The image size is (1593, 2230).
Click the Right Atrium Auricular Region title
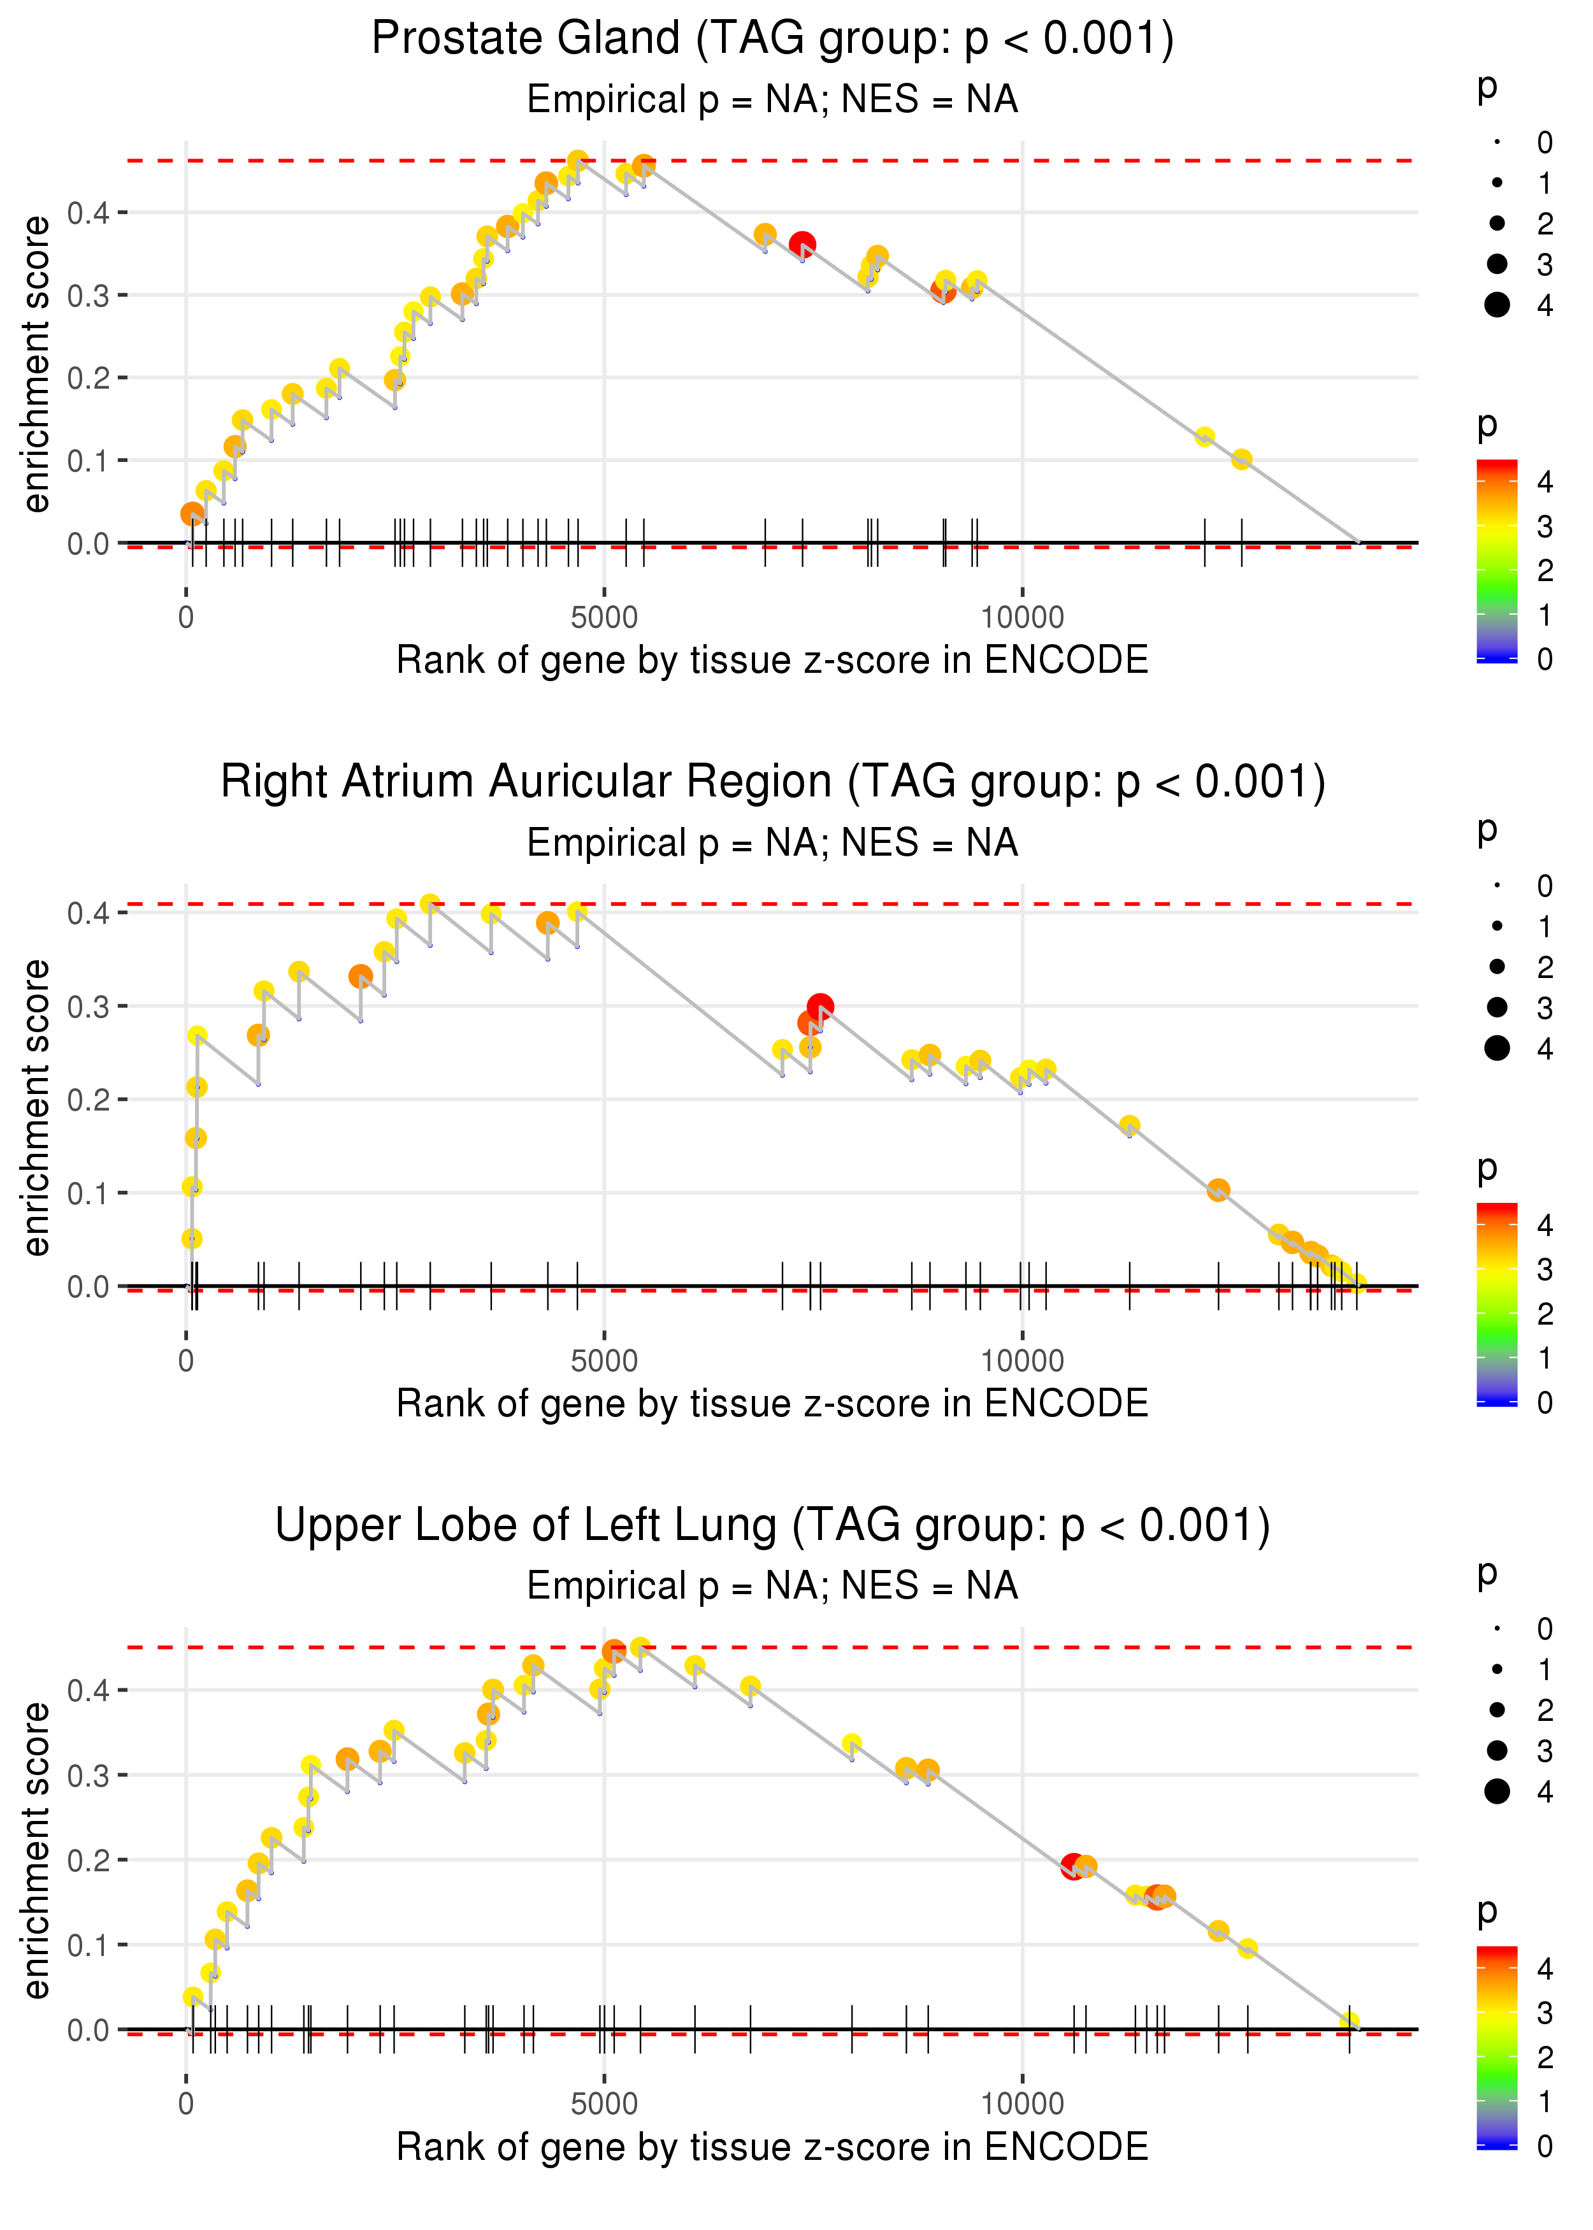(772, 782)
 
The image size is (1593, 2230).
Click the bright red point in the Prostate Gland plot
(802, 244)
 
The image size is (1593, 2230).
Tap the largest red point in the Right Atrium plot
(820, 1006)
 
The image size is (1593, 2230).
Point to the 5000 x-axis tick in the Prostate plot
(604, 618)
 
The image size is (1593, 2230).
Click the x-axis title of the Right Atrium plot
(772, 1404)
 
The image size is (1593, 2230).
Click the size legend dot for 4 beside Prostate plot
(1497, 305)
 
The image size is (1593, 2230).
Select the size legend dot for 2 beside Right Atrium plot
(1497, 967)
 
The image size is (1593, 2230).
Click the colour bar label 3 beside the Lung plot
(1545, 2013)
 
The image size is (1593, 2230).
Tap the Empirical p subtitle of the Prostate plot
(772, 100)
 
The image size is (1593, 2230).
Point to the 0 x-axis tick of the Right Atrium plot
(186, 1361)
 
